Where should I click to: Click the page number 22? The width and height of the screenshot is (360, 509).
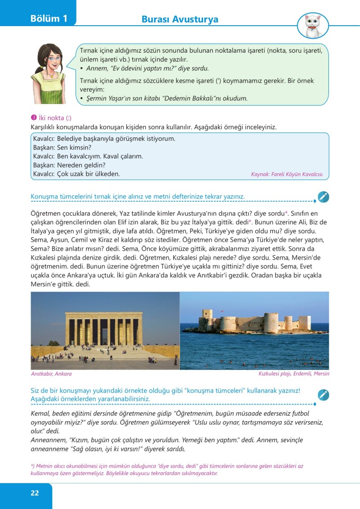tap(35, 493)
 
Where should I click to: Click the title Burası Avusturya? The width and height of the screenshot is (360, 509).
tap(180, 19)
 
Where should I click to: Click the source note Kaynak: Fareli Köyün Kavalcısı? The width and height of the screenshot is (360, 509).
tap(287, 174)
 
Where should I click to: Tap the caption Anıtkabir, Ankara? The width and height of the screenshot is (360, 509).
tap(51, 374)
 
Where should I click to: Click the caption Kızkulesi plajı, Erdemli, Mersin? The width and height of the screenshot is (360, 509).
tap(293, 374)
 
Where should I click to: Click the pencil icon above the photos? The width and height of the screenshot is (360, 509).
tap(323, 197)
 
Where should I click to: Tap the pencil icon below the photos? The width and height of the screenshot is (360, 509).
tap(323, 395)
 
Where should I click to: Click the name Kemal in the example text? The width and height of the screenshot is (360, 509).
tap(40, 413)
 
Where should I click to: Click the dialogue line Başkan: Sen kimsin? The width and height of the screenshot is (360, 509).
tap(62, 148)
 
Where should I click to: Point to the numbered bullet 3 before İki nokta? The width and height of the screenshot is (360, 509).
tap(33, 118)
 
